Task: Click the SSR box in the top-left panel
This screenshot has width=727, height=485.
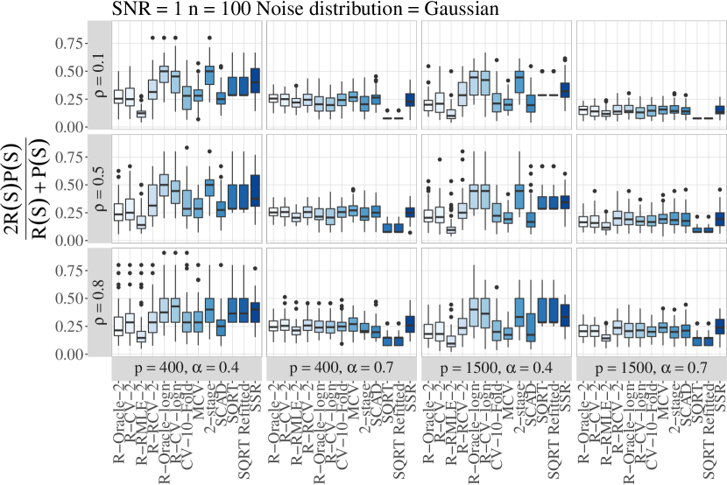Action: pos(256,81)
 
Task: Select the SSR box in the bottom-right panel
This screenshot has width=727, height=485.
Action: pos(721,326)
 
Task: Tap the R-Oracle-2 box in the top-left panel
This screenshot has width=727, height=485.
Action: pos(118,96)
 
